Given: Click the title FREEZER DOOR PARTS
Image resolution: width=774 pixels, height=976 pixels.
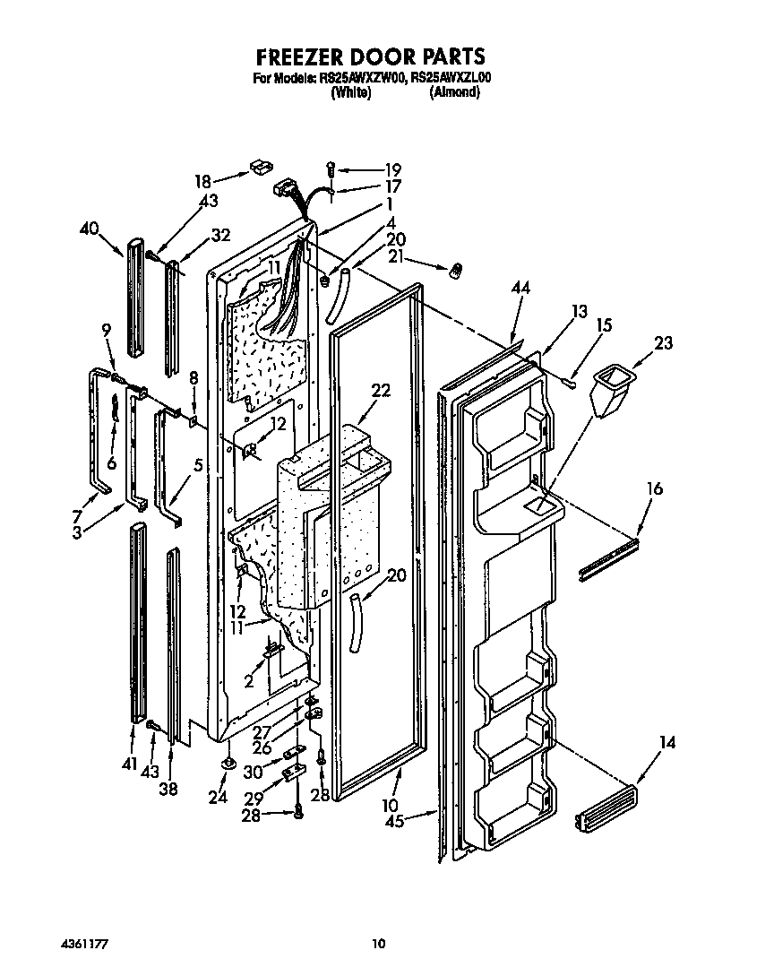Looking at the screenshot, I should point(371,56).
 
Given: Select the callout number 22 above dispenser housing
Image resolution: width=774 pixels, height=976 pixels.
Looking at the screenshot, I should point(382,390).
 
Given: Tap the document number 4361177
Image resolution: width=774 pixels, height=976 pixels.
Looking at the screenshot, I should point(87,944).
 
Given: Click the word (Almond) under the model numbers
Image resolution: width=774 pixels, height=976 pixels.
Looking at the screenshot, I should point(454,92).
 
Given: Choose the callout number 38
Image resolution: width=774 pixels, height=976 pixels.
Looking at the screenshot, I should point(168,790).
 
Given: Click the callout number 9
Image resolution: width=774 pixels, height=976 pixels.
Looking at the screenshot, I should point(107,330).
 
